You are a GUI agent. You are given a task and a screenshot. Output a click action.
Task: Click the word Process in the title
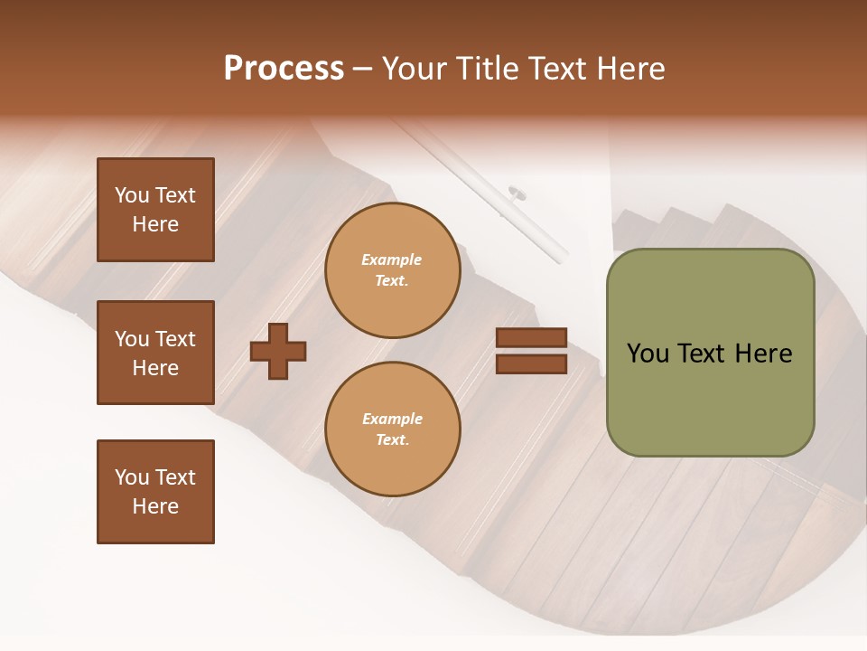click(x=284, y=69)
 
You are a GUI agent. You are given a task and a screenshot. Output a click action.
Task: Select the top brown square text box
click(x=155, y=210)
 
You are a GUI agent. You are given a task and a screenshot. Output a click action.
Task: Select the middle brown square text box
click(x=155, y=353)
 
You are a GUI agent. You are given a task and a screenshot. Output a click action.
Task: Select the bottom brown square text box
click(x=155, y=492)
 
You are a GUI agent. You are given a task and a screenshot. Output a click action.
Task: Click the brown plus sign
click(x=278, y=351)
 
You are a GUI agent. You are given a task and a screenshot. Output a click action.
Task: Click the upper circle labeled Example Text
click(x=392, y=270)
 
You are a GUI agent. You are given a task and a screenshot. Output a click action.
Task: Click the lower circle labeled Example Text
click(x=392, y=429)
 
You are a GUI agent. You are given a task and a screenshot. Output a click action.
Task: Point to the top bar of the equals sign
click(x=531, y=338)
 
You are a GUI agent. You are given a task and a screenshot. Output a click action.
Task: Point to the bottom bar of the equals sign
click(x=531, y=363)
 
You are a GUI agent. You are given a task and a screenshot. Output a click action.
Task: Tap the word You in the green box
click(x=648, y=354)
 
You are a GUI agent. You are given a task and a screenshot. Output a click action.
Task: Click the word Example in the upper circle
click(x=391, y=260)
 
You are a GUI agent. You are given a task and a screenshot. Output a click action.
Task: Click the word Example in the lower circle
click(x=392, y=420)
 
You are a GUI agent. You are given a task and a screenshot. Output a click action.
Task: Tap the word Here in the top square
click(x=155, y=224)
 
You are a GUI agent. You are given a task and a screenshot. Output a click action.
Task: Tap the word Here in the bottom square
click(x=155, y=506)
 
